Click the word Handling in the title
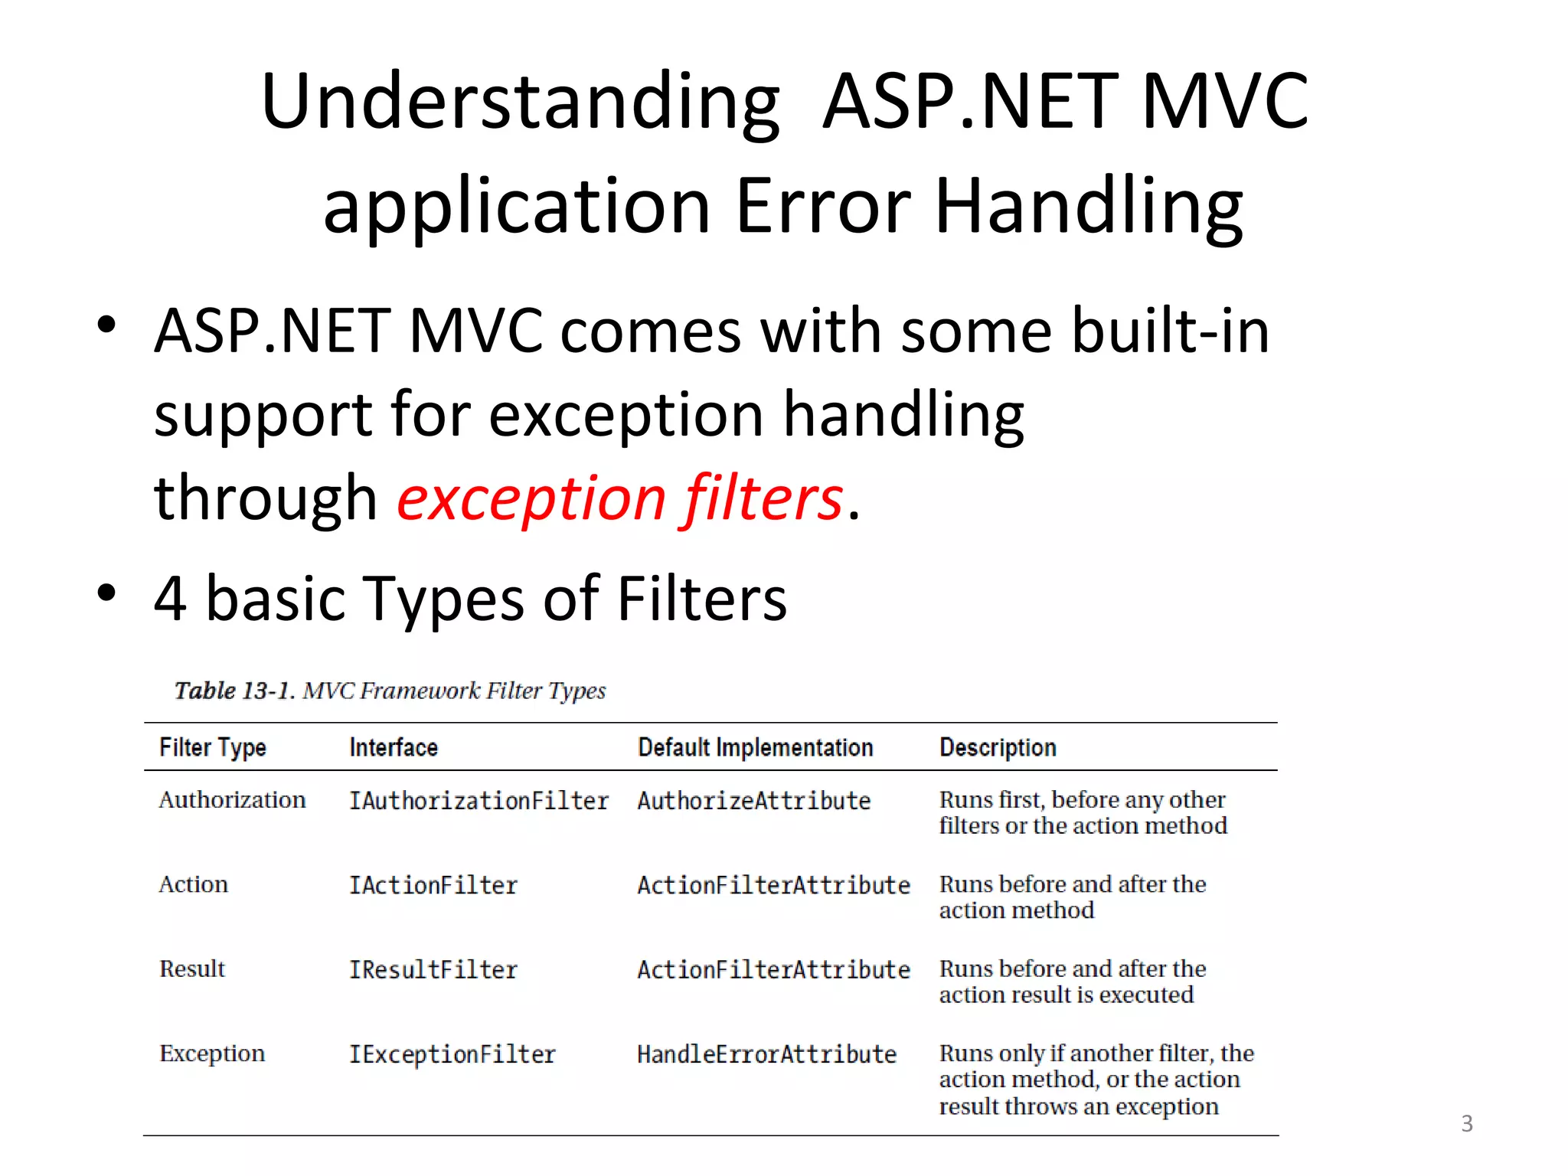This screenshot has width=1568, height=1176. [x=1089, y=207]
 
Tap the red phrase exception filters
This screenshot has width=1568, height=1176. [x=620, y=498]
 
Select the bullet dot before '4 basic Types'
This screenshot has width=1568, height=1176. [x=106, y=593]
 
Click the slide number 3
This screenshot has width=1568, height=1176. [x=1466, y=1123]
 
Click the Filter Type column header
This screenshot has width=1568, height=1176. [x=213, y=747]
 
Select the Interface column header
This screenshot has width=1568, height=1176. [x=394, y=747]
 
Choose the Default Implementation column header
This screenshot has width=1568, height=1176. [x=755, y=747]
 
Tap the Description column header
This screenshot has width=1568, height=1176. [x=998, y=747]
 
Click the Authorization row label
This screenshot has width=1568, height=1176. [x=232, y=800]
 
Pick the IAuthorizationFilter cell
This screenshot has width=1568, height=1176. [x=479, y=801]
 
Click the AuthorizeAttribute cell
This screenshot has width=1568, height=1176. [x=753, y=801]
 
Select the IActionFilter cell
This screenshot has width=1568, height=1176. [x=433, y=886]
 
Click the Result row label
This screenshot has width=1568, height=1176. [x=192, y=969]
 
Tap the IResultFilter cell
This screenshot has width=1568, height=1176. [x=433, y=970]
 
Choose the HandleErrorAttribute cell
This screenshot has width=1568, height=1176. [x=766, y=1054]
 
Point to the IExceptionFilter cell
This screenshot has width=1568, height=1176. [x=452, y=1054]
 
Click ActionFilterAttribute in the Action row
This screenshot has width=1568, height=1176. [x=773, y=886]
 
